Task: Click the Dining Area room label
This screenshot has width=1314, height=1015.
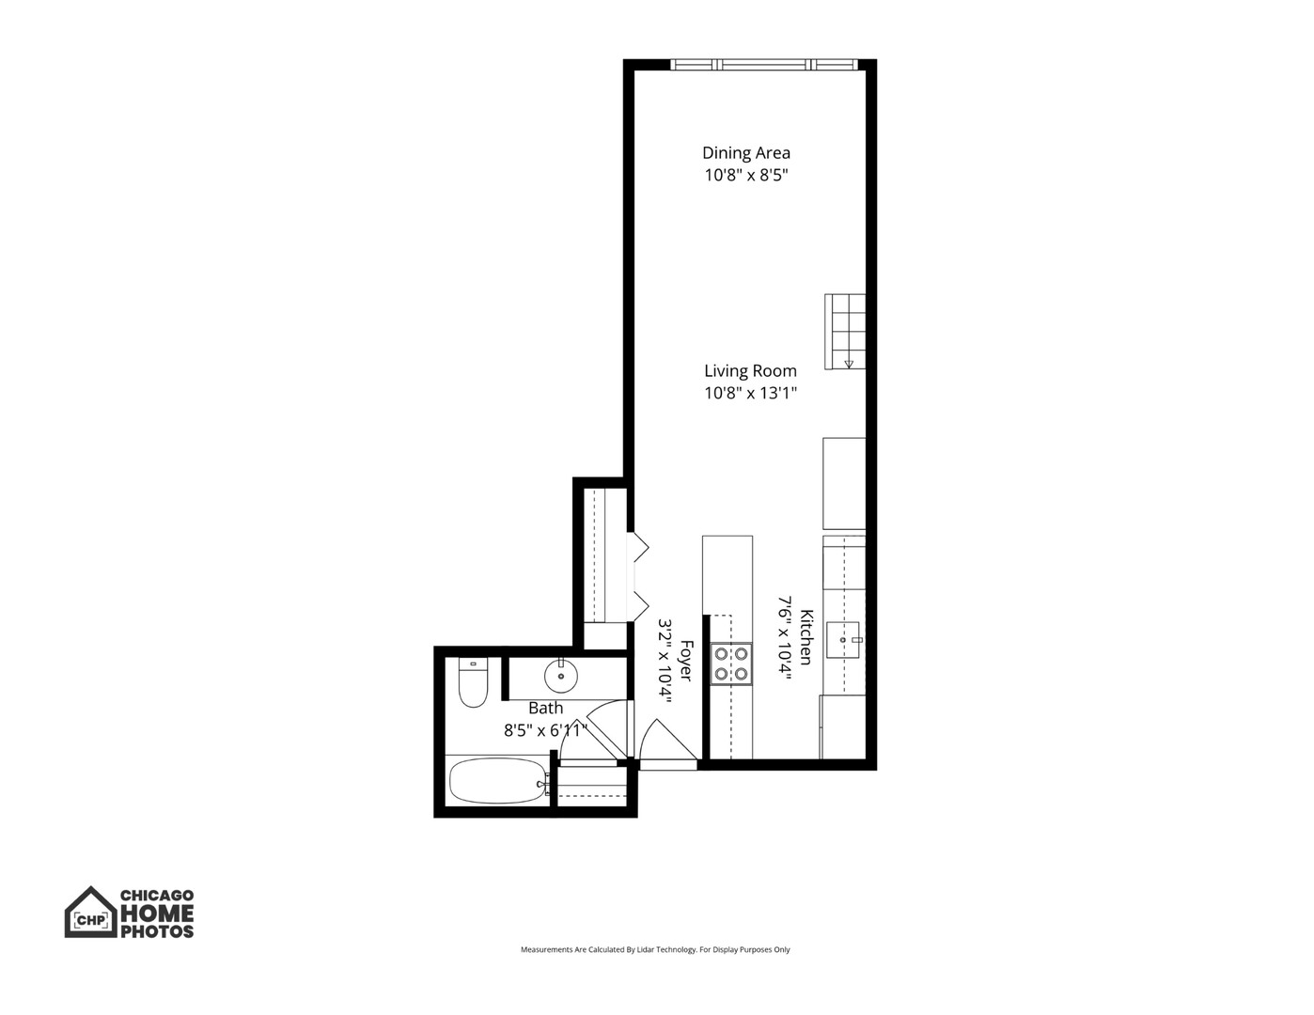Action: (x=746, y=152)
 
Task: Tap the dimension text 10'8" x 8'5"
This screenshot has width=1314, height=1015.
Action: (x=746, y=175)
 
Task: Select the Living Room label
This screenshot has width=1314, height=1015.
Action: (x=750, y=371)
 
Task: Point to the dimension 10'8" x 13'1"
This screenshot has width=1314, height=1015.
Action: (x=750, y=394)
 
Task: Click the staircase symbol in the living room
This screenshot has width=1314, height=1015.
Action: (x=844, y=332)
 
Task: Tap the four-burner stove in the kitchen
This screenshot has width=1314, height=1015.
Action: (x=730, y=663)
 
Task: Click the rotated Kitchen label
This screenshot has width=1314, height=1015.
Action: (x=806, y=637)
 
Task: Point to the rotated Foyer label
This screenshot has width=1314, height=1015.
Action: (x=686, y=662)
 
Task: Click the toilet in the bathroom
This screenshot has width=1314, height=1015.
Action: (x=472, y=682)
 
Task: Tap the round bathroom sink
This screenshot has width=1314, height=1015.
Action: (x=560, y=675)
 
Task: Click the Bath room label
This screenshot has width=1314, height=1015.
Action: (x=545, y=709)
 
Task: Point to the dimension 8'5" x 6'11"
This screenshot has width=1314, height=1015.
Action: (x=545, y=730)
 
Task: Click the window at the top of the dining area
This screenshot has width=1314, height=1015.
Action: (x=763, y=65)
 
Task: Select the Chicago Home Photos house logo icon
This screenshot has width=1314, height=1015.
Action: (x=90, y=913)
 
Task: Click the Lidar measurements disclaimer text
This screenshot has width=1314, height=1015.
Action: (x=655, y=950)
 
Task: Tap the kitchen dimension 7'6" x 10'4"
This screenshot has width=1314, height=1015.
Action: (x=784, y=637)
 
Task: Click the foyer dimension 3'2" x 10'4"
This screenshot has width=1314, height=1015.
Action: (x=665, y=662)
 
